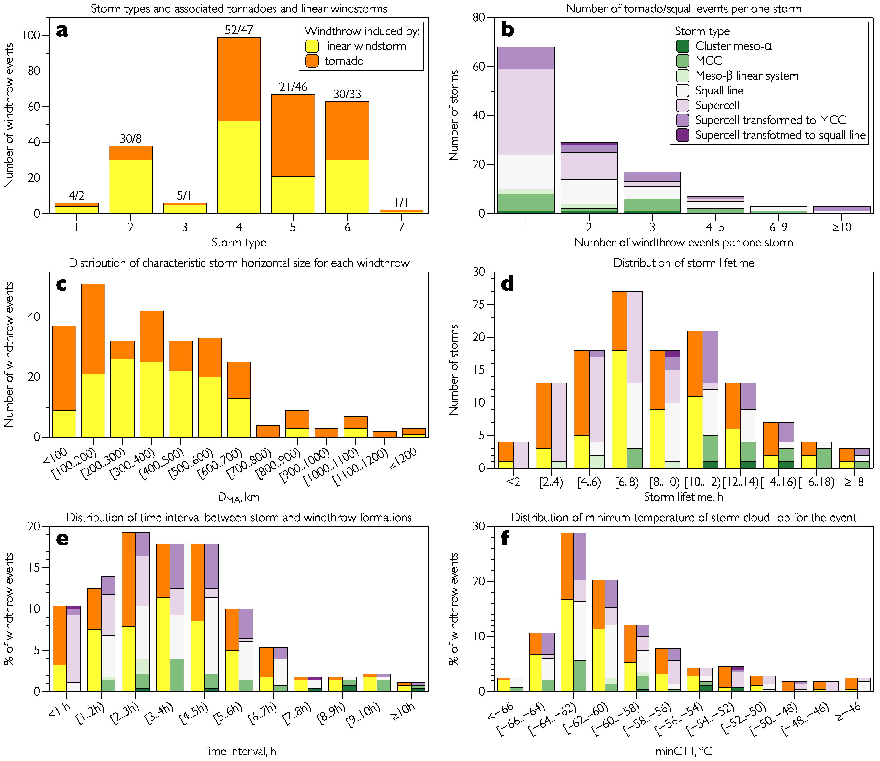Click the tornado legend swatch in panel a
[312, 61]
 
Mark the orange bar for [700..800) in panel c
[268, 431]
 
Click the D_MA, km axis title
[239, 497]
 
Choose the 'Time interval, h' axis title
[239, 751]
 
